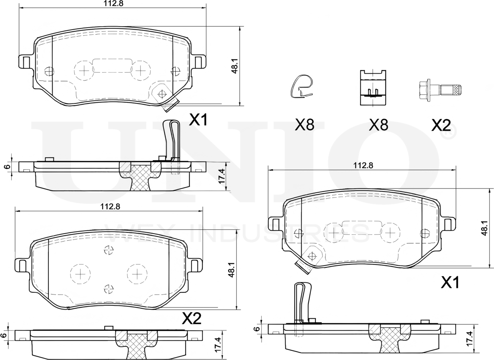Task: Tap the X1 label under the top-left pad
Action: tap(198, 120)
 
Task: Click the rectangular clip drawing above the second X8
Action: tap(373, 87)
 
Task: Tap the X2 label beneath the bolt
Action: tap(441, 126)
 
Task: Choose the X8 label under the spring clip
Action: tap(305, 125)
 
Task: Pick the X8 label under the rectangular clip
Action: tap(378, 125)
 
